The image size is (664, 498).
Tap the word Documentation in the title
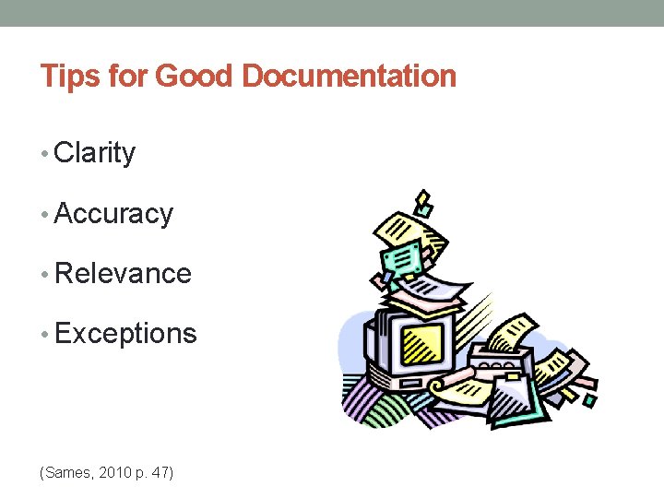349,76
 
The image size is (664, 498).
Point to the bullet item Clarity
95,153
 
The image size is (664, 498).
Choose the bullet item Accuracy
113,214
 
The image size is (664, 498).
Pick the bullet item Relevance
123,274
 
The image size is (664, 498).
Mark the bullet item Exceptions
125,334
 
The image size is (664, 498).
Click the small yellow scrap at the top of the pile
423,200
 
